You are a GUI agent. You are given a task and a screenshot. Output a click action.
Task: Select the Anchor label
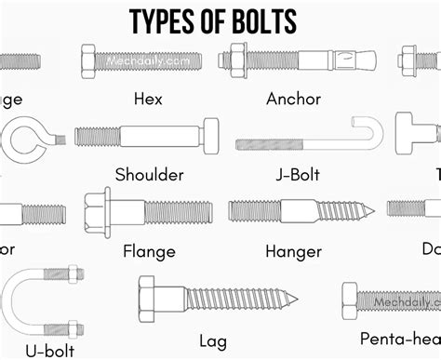pyautogui.click(x=293, y=97)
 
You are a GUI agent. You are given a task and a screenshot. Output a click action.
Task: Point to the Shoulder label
pyautogui.click(x=149, y=174)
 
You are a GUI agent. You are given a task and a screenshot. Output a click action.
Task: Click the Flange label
pyautogui.click(x=149, y=250)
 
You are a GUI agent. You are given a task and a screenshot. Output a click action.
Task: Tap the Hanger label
pyautogui.click(x=293, y=250)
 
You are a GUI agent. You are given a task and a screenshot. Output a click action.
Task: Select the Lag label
pyautogui.click(x=212, y=340)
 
